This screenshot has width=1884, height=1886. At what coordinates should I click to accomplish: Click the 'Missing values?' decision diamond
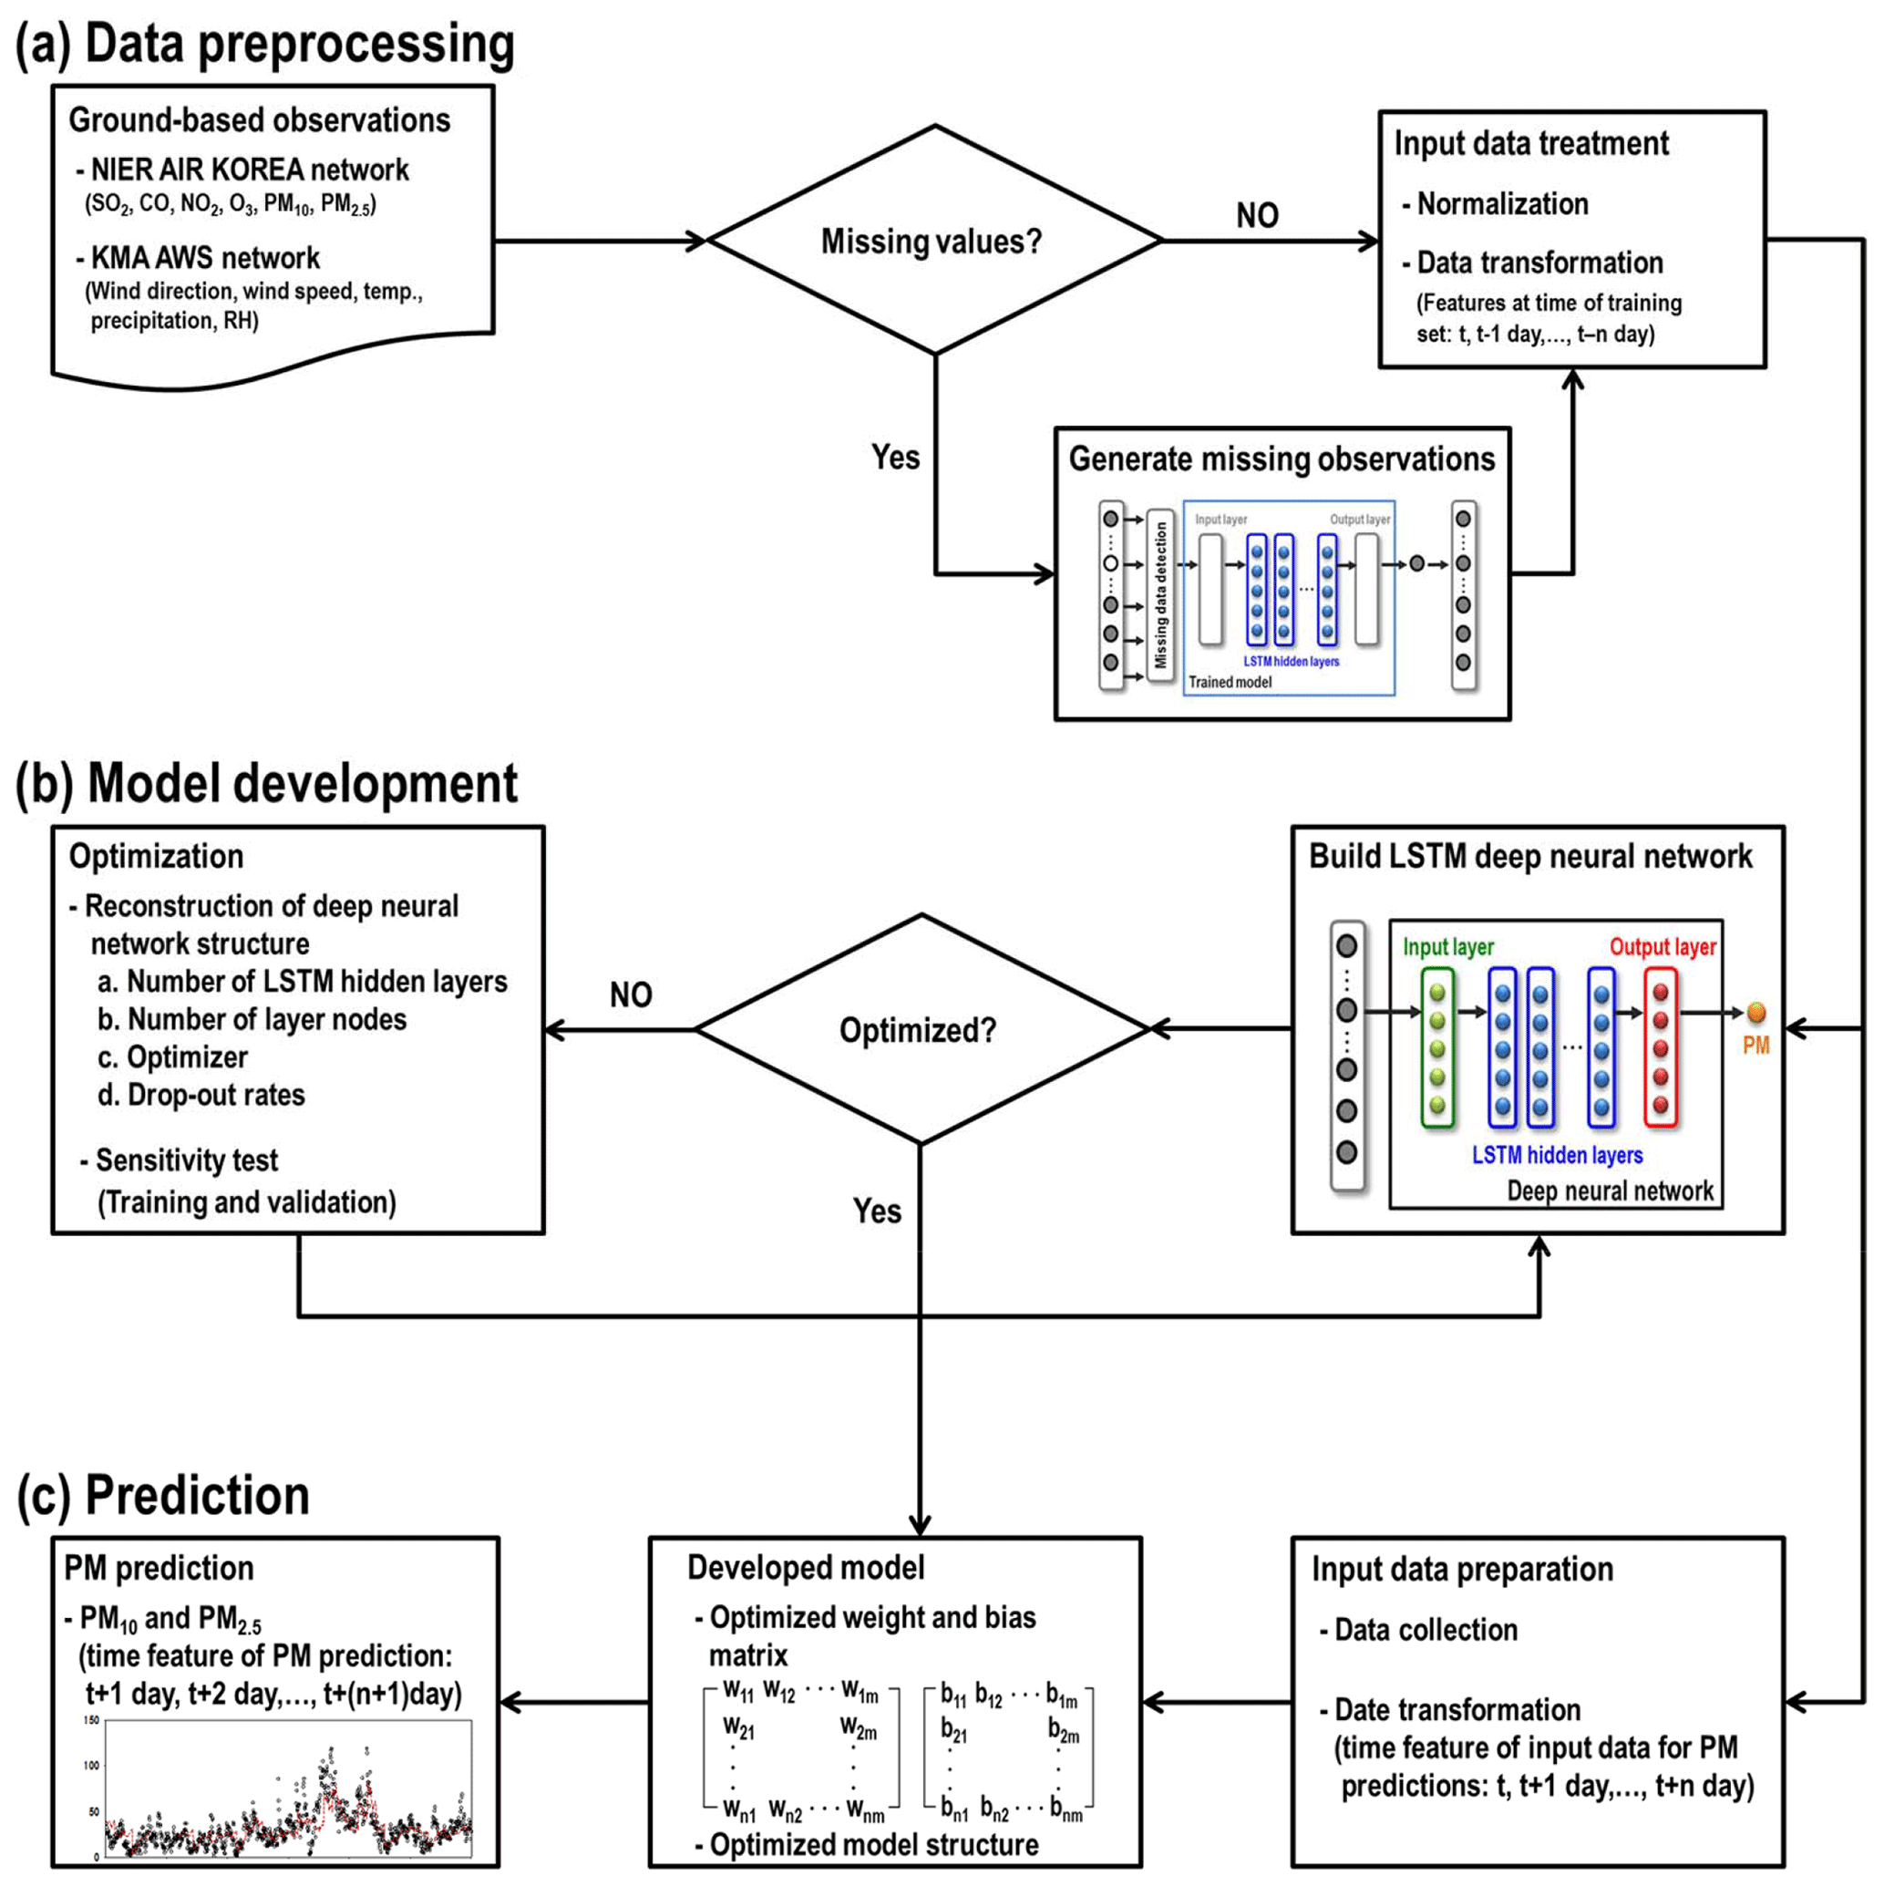(933, 240)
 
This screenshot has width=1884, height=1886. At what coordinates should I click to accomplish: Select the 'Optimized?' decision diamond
(919, 1030)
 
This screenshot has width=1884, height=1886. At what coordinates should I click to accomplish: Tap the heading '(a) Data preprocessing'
(265, 45)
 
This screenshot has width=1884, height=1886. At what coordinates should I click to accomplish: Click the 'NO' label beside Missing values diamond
(1256, 216)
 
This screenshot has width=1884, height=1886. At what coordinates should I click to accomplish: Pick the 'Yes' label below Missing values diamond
(895, 457)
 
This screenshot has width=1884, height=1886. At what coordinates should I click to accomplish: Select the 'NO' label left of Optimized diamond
(631, 995)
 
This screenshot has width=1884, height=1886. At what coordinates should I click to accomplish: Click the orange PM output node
(1755, 1013)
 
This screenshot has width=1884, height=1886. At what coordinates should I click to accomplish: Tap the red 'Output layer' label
(1662, 947)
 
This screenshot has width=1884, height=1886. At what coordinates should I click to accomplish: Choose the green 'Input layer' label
(1447, 947)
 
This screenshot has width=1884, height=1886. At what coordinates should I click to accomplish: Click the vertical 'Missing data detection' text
(1159, 594)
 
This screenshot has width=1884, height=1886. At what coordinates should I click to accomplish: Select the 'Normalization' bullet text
(1501, 204)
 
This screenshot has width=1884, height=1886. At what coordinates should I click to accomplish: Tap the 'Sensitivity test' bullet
(185, 1159)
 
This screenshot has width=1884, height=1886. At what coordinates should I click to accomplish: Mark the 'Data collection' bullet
(1426, 1629)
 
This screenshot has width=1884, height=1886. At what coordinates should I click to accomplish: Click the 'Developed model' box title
(806, 1568)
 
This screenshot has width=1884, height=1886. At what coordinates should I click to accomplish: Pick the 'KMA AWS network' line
(204, 258)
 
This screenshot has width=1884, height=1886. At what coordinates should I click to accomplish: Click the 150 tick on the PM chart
(91, 1720)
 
